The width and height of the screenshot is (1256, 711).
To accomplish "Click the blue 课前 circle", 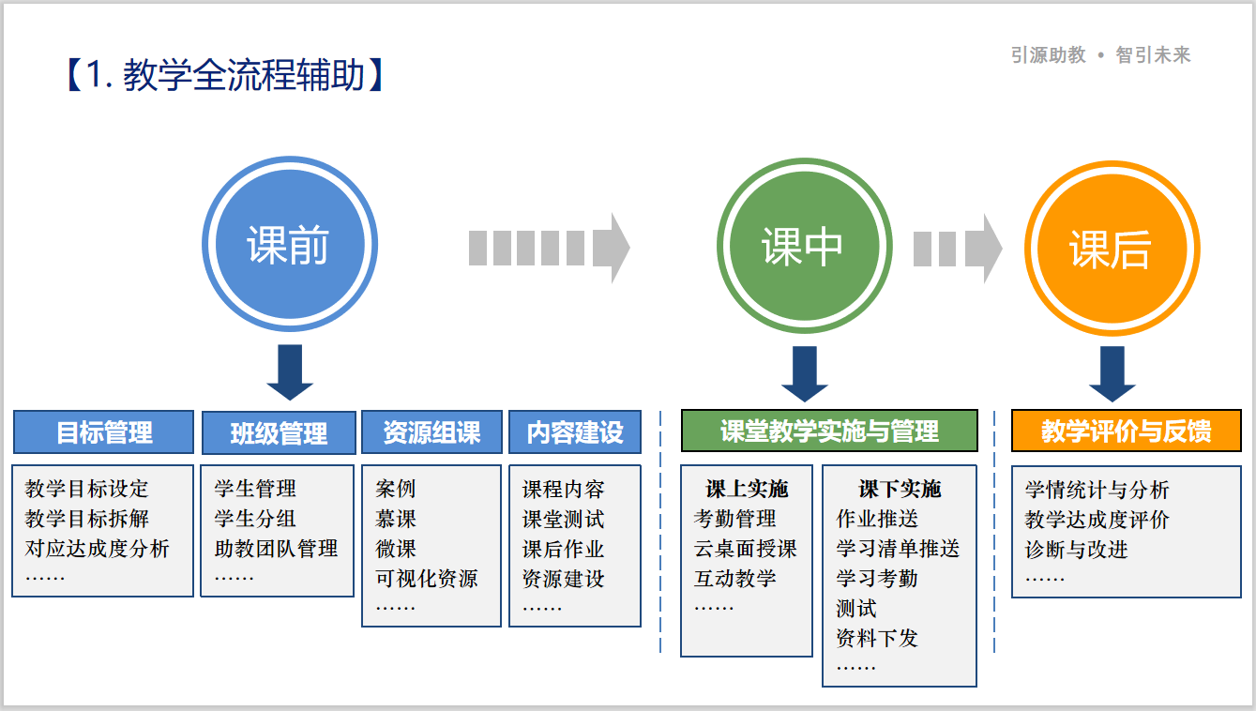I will [x=289, y=246].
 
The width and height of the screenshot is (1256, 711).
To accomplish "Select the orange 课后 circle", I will [x=1111, y=250].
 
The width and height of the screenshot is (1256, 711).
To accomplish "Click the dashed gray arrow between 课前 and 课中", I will [x=549, y=248].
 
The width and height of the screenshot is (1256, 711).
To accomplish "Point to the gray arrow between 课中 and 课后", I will [x=957, y=249].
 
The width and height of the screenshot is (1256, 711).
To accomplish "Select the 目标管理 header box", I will [x=103, y=432].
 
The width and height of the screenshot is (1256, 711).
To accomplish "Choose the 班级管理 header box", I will [x=279, y=433].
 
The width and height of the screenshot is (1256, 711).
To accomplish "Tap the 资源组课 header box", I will [x=431, y=432].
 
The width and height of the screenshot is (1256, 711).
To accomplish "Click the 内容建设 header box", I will [x=574, y=432].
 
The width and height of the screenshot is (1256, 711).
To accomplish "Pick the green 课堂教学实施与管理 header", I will [x=829, y=431].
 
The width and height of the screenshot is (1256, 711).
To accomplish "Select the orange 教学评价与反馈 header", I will [x=1126, y=431].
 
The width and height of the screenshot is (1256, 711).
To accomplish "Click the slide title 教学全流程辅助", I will [x=225, y=75].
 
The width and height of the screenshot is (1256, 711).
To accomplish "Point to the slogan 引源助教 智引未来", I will [x=1100, y=55].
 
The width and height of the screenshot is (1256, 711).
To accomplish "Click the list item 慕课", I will [x=396, y=519].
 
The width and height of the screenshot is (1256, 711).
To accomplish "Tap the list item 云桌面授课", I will [x=745, y=549].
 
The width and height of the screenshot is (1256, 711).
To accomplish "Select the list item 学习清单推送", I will [x=898, y=549].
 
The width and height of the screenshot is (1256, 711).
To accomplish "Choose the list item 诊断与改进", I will [x=1076, y=550].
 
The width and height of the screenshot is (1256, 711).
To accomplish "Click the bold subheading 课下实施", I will [x=899, y=489].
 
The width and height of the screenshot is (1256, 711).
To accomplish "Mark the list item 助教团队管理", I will [x=276, y=549].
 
